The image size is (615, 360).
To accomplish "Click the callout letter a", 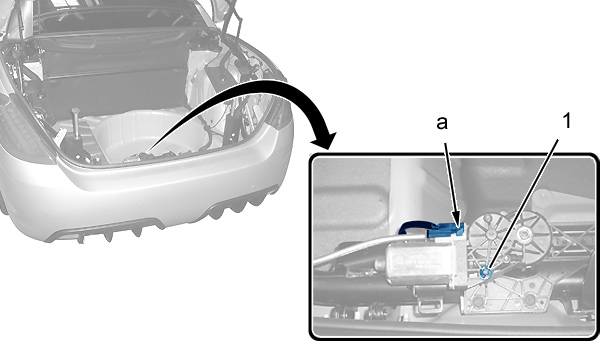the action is tap(442, 123).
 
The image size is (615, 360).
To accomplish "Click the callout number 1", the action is tap(567, 121).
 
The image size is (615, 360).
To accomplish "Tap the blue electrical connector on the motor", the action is tap(446, 230).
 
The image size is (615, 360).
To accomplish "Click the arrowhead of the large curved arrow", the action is tap(325, 139).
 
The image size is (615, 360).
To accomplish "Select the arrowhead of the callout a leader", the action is tap(457, 220).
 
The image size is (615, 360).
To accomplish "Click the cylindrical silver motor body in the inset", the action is tap(420, 262).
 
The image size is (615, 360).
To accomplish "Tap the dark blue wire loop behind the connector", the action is tap(416, 228).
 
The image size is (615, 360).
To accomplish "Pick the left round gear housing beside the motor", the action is tap(489, 233).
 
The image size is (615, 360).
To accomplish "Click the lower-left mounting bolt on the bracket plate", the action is tap(477, 301).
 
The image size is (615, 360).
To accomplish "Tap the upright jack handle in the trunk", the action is tap(75, 124).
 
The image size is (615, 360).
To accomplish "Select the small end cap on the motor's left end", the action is tap(380, 265).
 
